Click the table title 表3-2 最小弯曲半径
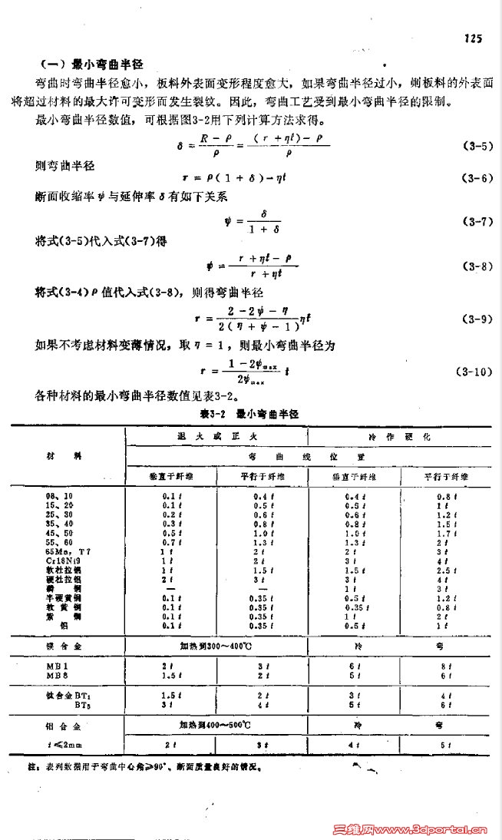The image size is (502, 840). coord(248,413)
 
